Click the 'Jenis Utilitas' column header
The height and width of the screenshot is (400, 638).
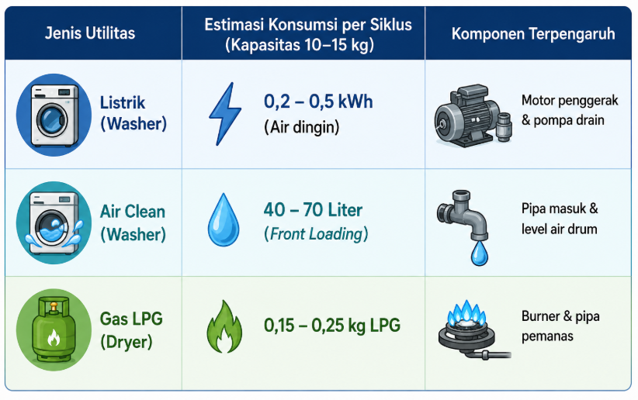click(90, 33)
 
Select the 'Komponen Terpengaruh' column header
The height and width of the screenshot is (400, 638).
click(533, 34)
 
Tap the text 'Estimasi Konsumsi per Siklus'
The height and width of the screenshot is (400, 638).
click(308, 25)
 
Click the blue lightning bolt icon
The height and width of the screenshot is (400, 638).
click(225, 114)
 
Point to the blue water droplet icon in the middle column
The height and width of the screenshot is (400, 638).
click(224, 220)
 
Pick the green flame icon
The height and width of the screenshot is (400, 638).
click(224, 327)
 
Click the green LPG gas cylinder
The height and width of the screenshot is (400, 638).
click(54, 329)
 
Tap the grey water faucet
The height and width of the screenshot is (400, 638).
click(463, 215)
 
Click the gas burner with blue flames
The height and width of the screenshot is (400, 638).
click(472, 330)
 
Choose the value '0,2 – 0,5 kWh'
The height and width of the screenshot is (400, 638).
click(318, 102)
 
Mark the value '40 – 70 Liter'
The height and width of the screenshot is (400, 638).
click(313, 210)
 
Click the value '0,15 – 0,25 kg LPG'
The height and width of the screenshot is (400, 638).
click(332, 326)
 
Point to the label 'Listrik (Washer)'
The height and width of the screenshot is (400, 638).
click(133, 113)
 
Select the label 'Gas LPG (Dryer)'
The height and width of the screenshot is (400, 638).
click(131, 330)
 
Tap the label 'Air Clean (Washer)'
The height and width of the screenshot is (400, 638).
click(133, 222)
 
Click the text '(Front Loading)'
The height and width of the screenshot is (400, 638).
click(316, 234)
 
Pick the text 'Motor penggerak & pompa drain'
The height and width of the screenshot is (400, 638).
click(570, 110)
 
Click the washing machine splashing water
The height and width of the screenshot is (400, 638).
click(54, 222)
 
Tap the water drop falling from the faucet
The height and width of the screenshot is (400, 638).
click(480, 253)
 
